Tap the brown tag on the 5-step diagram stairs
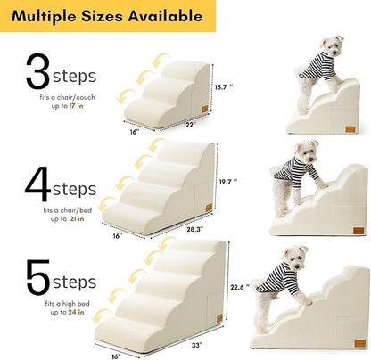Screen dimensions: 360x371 [216, 323]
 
